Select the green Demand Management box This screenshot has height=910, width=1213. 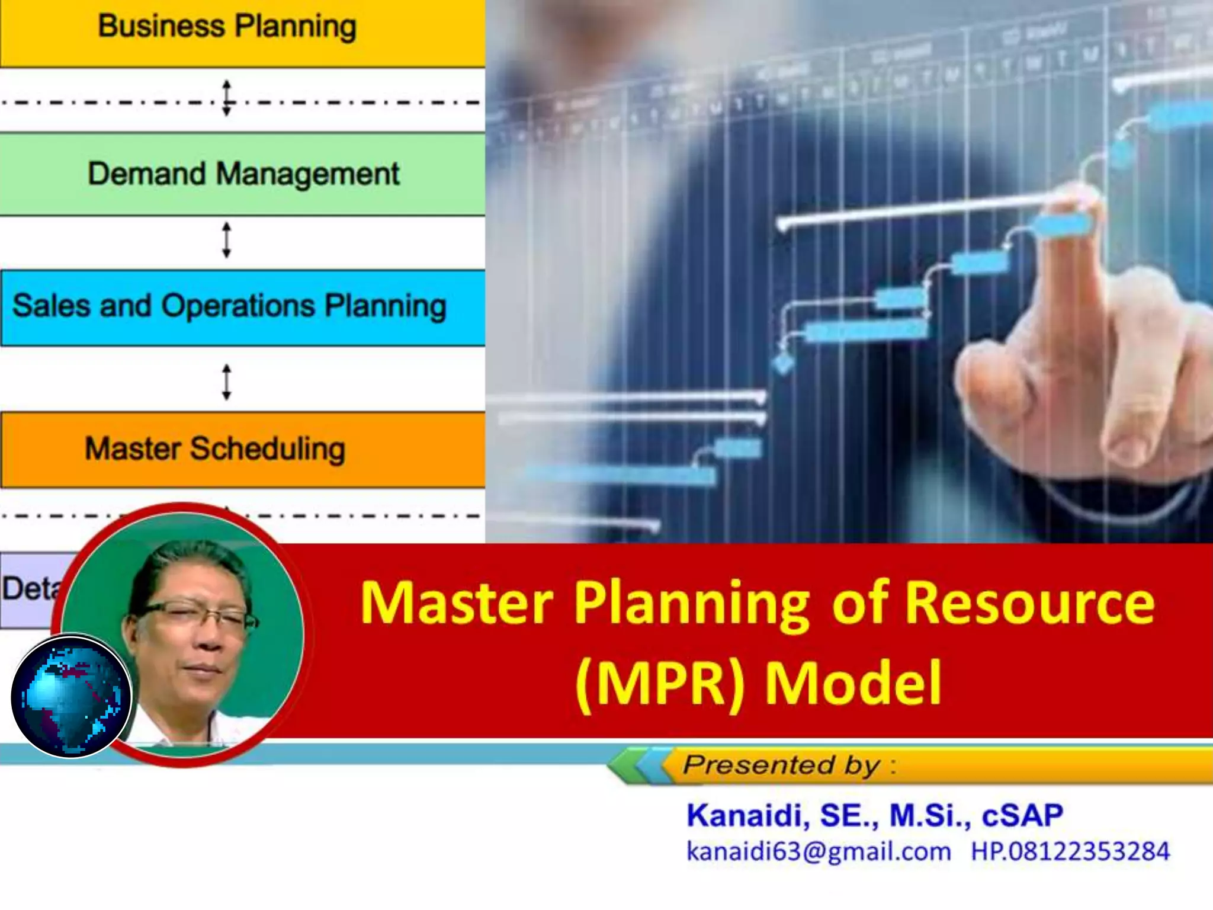243,174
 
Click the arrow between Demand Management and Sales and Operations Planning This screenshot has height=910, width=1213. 226,240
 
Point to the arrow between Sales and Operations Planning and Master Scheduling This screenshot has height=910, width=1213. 226,382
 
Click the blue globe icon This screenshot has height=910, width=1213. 71,696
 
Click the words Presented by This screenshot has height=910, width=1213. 782,765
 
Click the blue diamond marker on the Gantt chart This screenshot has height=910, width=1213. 784,363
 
